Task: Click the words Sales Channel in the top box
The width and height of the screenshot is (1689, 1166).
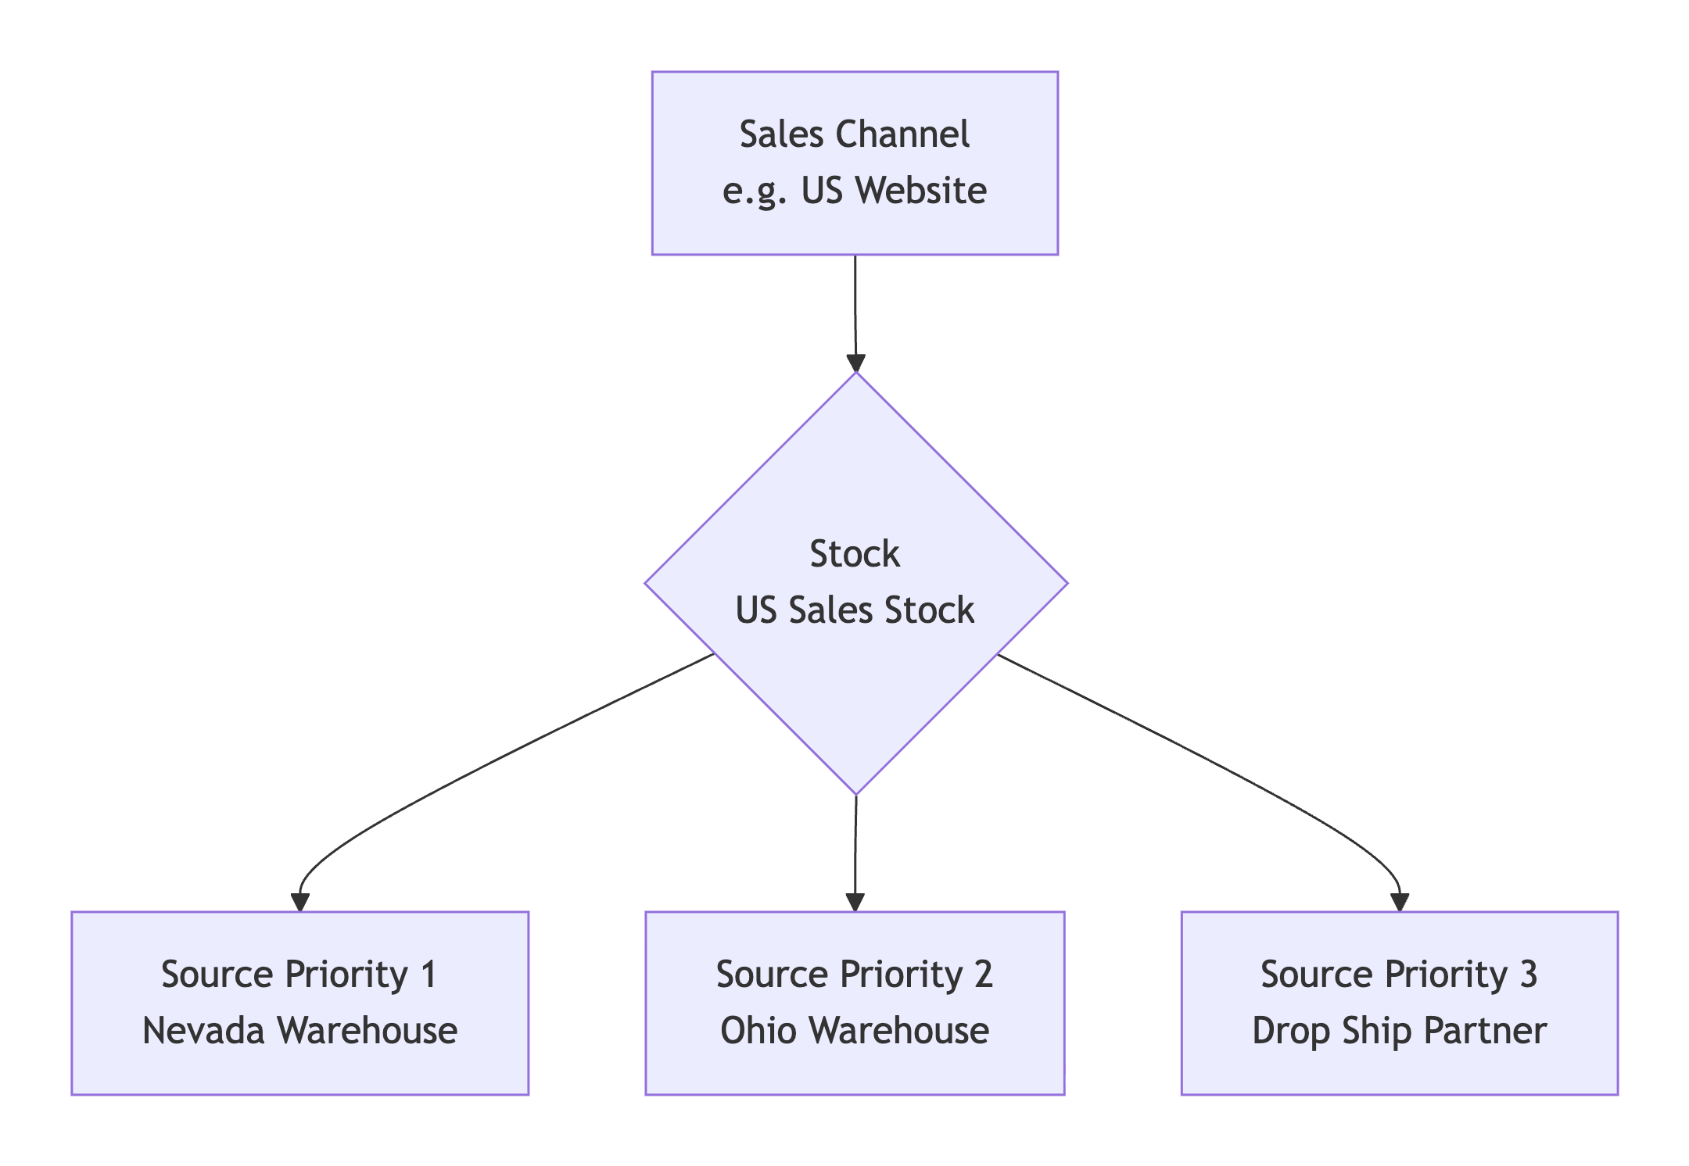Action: tap(854, 134)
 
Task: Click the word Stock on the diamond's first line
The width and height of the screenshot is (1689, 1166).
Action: tap(855, 554)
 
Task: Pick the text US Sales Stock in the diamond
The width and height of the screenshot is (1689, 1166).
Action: tap(855, 610)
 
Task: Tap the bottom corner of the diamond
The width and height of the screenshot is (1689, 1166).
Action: tap(856, 791)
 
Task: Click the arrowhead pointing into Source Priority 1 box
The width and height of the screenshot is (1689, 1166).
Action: tap(300, 902)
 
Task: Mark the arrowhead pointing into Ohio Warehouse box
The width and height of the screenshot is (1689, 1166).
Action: tap(855, 902)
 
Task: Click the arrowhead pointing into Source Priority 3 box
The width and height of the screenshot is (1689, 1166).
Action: tap(1400, 902)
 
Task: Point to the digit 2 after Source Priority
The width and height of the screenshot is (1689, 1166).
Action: tap(983, 975)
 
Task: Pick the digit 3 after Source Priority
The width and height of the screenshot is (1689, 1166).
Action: tap(1528, 975)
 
